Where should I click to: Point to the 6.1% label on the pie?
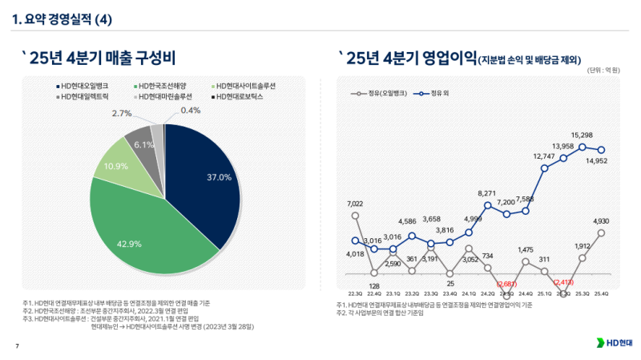click(144, 145)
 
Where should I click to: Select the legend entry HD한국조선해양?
click(165, 85)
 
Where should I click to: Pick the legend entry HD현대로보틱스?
click(241, 96)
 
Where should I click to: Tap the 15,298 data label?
click(582, 135)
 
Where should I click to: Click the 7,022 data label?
click(355, 204)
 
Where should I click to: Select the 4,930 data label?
click(601, 220)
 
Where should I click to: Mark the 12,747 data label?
click(545, 156)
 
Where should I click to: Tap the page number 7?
click(18, 346)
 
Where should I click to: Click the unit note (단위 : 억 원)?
click(603, 70)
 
